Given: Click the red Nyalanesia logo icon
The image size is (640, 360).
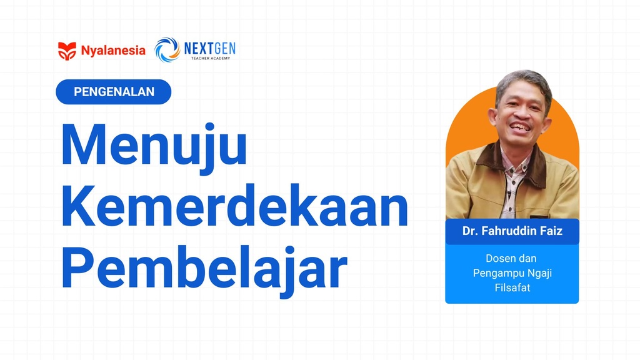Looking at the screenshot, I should [x=67, y=51].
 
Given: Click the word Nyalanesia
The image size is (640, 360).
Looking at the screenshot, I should [x=113, y=51].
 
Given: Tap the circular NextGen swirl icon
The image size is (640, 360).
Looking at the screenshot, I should [x=167, y=50].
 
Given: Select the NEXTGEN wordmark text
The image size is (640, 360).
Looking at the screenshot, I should [x=210, y=47].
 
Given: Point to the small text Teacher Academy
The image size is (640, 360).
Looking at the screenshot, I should [x=210, y=58].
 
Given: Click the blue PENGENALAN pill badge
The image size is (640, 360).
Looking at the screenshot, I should [x=114, y=92].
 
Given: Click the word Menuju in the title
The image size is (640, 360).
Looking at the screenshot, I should [x=153, y=146].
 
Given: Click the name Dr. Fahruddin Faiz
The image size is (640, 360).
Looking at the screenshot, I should [x=512, y=231].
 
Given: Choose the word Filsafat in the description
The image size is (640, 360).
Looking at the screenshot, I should [x=512, y=287].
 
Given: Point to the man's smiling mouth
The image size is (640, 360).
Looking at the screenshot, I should [x=521, y=127].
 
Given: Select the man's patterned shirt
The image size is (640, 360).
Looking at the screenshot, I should [x=514, y=181].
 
